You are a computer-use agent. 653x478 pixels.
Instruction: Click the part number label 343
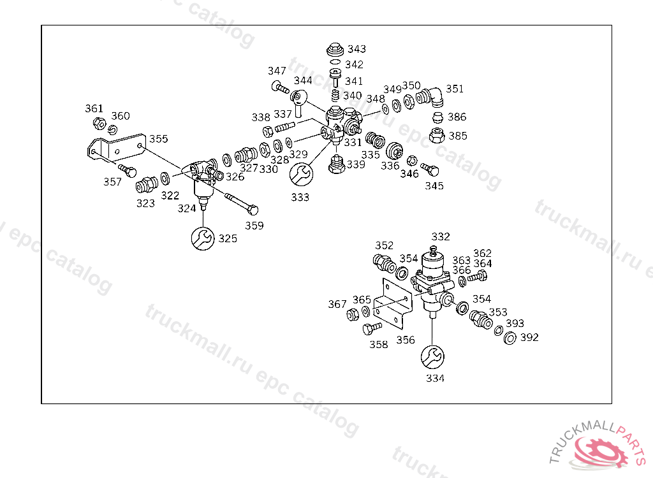(356, 49)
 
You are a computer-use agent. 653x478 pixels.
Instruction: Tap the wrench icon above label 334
(433, 357)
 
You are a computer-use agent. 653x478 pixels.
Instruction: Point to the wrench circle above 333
(301, 173)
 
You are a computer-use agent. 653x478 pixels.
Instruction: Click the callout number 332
(441, 236)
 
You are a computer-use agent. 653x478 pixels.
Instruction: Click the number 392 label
(529, 337)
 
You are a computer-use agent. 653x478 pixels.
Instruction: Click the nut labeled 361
(98, 122)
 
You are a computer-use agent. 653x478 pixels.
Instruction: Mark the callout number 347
(277, 71)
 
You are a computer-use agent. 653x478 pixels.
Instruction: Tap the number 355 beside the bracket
(159, 139)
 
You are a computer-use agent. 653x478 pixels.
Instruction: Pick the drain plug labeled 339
(337, 165)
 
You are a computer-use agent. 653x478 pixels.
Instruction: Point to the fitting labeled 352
(383, 262)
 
